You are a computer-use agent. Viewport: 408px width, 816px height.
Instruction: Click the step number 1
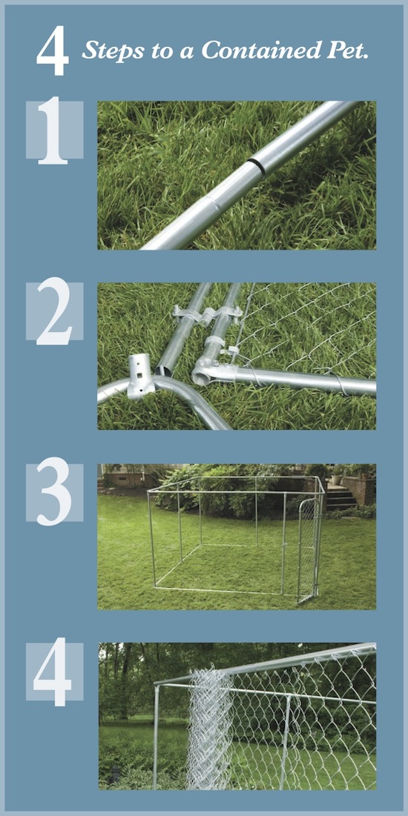(53, 130)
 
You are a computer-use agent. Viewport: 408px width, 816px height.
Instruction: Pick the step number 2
(53, 311)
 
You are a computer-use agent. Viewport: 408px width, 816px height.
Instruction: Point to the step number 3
(53, 491)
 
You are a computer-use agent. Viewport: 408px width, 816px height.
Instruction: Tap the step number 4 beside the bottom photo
(53, 671)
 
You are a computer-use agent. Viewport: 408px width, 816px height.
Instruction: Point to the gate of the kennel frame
(309, 549)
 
